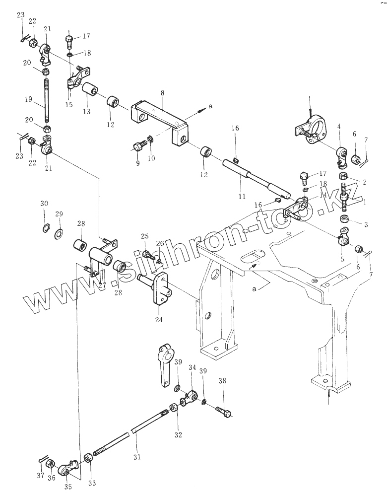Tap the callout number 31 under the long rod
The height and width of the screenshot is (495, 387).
pyautogui.click(x=137, y=457)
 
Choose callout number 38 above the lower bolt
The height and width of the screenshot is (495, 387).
pyautogui.click(x=222, y=381)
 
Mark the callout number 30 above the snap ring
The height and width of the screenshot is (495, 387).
pyautogui.click(x=44, y=204)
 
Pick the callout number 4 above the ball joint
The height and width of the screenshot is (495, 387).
pyautogui.click(x=338, y=127)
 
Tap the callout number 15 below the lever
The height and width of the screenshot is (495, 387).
pyautogui.click(x=69, y=105)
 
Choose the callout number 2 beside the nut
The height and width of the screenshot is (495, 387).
pyautogui.click(x=364, y=183)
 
